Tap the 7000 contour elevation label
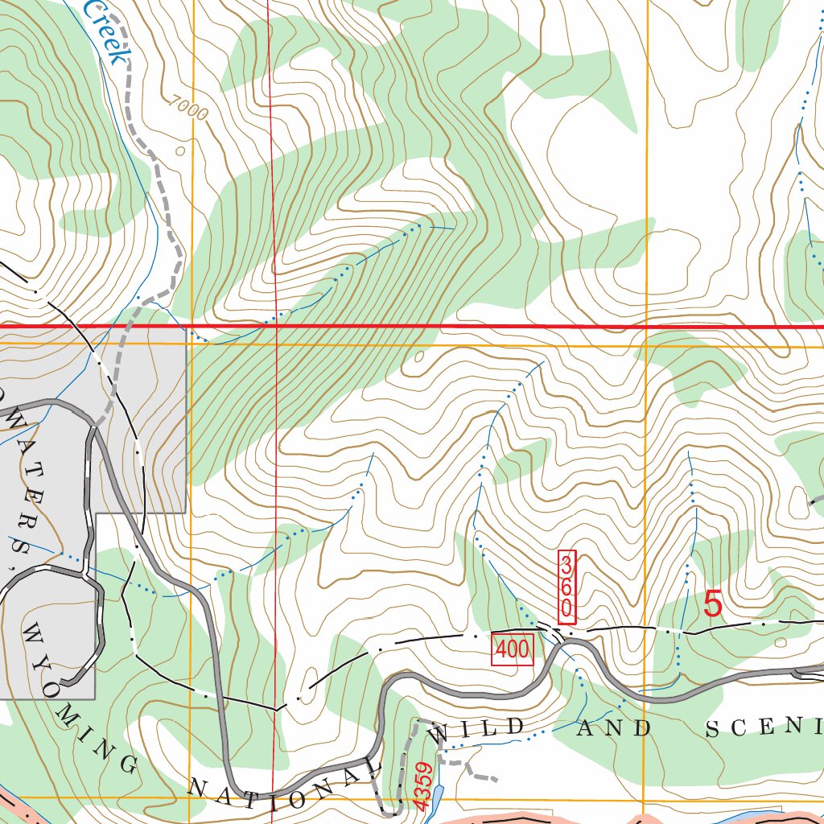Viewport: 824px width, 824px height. (x=188, y=109)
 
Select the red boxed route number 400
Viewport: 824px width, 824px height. (x=513, y=649)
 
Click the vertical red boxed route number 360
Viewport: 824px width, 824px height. (x=567, y=586)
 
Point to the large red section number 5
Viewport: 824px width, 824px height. (x=713, y=604)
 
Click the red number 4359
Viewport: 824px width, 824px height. (x=424, y=785)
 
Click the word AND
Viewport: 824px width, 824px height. (x=616, y=729)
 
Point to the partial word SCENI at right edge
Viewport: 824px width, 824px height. (x=764, y=727)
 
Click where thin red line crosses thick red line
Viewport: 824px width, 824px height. (x=275, y=327)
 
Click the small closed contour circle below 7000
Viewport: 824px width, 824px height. (x=179, y=150)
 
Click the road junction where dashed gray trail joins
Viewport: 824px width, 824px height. (x=95, y=426)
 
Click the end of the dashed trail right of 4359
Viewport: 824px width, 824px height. (x=494, y=779)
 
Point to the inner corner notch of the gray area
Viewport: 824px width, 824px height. (x=97, y=513)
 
